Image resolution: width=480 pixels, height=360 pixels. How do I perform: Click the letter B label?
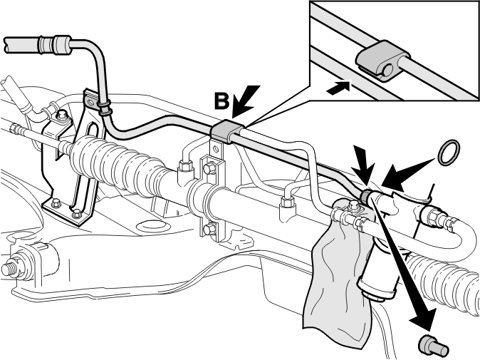click(x=221, y=101)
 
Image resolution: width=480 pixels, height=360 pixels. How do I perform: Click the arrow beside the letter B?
click(x=245, y=101)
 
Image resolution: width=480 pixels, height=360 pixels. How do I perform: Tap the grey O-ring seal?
click(x=449, y=153)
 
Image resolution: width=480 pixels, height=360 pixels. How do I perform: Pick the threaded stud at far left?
click(x=9, y=269)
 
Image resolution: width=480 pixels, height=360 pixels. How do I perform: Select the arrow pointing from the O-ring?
click(x=407, y=174)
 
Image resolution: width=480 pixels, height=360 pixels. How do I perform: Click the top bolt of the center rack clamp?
click(x=209, y=168)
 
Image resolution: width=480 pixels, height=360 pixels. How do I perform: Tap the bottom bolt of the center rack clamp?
click(x=209, y=229)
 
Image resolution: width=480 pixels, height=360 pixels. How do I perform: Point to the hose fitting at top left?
click(x=54, y=46)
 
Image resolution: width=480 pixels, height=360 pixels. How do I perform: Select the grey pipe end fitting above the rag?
click(x=366, y=197)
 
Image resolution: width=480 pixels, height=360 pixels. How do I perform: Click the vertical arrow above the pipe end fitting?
click(x=364, y=165)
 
